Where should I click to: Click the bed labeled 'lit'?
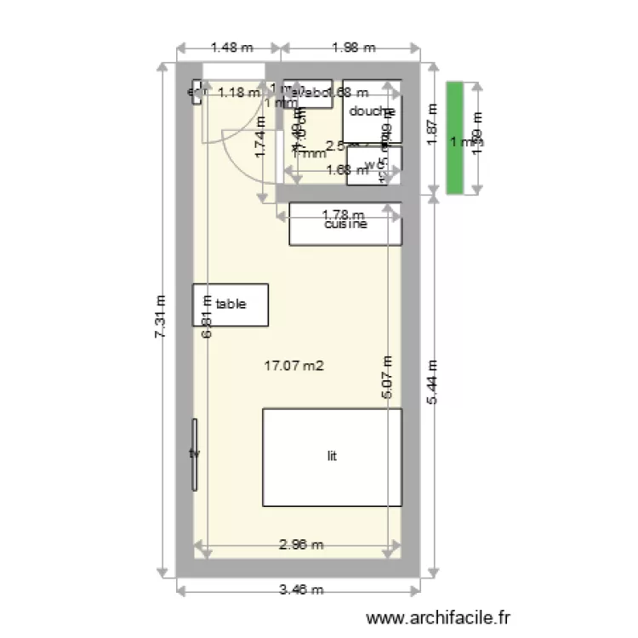click(x=332, y=457)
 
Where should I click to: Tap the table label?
click(x=231, y=304)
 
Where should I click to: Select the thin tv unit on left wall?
click(x=195, y=454)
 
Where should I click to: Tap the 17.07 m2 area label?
click(x=294, y=367)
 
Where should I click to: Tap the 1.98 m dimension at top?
click(x=353, y=48)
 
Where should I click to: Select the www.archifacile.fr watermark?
click(x=439, y=618)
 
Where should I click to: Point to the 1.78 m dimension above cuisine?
click(x=343, y=215)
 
